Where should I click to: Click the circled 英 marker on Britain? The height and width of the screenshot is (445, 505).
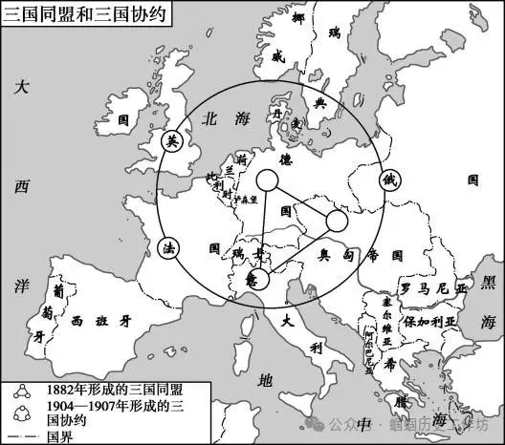pos(172,141)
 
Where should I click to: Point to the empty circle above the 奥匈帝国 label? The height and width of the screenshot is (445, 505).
pos(337,222)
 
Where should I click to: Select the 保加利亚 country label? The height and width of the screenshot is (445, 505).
pos(432,322)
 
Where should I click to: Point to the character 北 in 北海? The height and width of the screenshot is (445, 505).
pos(208,118)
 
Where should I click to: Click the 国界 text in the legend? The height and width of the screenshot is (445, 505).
pos(53,434)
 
